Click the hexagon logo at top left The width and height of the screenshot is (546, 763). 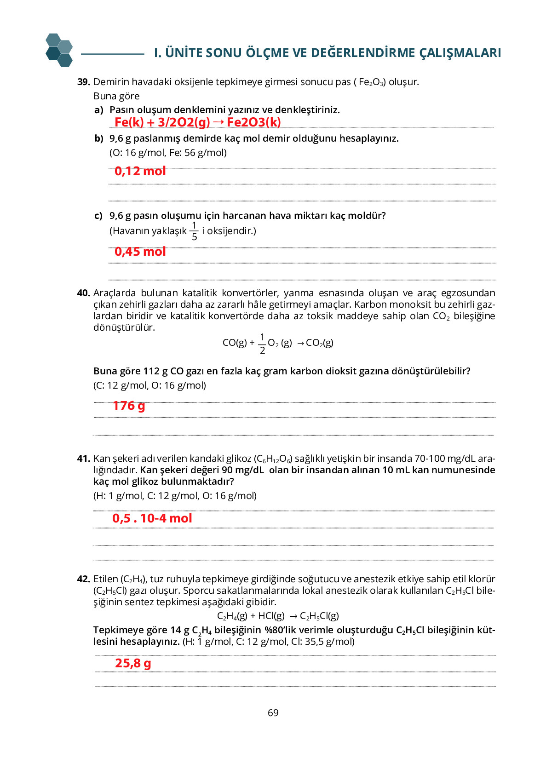point(59,50)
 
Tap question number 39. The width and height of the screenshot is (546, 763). point(83,82)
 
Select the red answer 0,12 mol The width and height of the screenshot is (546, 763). point(140,171)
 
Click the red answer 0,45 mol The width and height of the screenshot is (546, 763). point(140,252)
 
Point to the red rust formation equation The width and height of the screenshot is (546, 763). point(197,122)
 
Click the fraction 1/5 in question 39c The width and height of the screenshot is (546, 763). point(194,231)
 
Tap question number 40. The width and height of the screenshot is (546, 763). point(83,293)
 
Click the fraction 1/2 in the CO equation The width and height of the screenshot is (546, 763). point(262,344)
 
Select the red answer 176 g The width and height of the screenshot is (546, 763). point(129,406)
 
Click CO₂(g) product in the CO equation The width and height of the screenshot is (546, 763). point(319,343)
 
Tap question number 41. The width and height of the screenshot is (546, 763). point(83,459)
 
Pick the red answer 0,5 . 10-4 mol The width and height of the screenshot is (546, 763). point(152,518)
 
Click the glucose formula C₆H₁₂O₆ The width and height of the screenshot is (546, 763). point(273,459)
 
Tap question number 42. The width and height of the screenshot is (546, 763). point(83,579)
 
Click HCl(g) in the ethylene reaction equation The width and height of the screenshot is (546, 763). point(271,616)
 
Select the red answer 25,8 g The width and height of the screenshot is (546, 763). point(133,663)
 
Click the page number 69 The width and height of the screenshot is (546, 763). point(273,713)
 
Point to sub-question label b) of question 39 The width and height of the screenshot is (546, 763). point(99,138)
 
